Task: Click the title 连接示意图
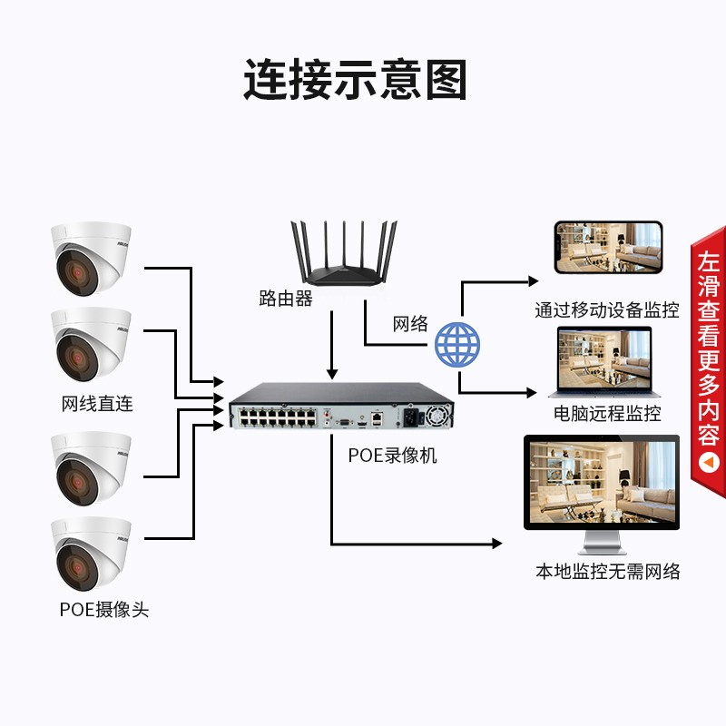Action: (355, 80)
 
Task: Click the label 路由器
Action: (285, 299)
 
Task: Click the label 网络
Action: (410, 324)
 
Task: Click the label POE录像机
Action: (392, 456)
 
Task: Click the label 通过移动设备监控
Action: (606, 310)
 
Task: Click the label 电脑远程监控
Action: (607, 414)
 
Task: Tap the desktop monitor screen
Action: (601, 484)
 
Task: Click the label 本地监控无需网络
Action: (607, 572)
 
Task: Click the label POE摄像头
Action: (104, 610)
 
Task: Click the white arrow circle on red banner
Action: (709, 464)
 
